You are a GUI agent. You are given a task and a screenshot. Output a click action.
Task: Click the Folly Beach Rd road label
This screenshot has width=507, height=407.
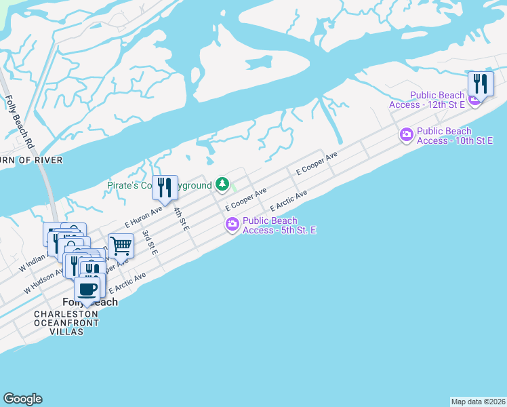click(20, 122)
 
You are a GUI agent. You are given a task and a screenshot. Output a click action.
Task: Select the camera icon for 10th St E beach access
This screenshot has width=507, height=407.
click(406, 136)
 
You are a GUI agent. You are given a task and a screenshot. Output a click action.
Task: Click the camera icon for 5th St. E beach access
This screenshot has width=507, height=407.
click(232, 224)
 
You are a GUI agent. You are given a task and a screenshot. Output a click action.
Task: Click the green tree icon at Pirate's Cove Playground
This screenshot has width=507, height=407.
click(222, 183)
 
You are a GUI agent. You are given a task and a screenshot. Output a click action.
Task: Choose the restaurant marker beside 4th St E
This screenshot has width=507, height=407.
click(164, 188)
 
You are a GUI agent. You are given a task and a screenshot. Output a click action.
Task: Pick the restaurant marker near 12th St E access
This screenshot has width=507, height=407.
click(481, 84)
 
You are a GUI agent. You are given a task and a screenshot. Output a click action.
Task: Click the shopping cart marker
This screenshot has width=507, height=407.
click(120, 246)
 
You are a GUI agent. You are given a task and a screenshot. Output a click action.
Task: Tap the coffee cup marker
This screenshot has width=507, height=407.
click(87, 289)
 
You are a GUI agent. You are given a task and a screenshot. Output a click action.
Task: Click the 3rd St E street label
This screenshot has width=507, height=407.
click(150, 242)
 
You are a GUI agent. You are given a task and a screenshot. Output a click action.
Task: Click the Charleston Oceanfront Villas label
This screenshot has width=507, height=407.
click(66, 323)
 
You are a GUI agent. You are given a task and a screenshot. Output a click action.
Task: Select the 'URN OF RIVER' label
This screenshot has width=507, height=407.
click(31, 160)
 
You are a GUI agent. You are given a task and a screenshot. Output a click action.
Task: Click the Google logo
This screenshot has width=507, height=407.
click(23, 399)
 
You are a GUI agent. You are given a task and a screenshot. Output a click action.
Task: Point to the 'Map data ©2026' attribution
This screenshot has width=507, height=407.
click(478, 401)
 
